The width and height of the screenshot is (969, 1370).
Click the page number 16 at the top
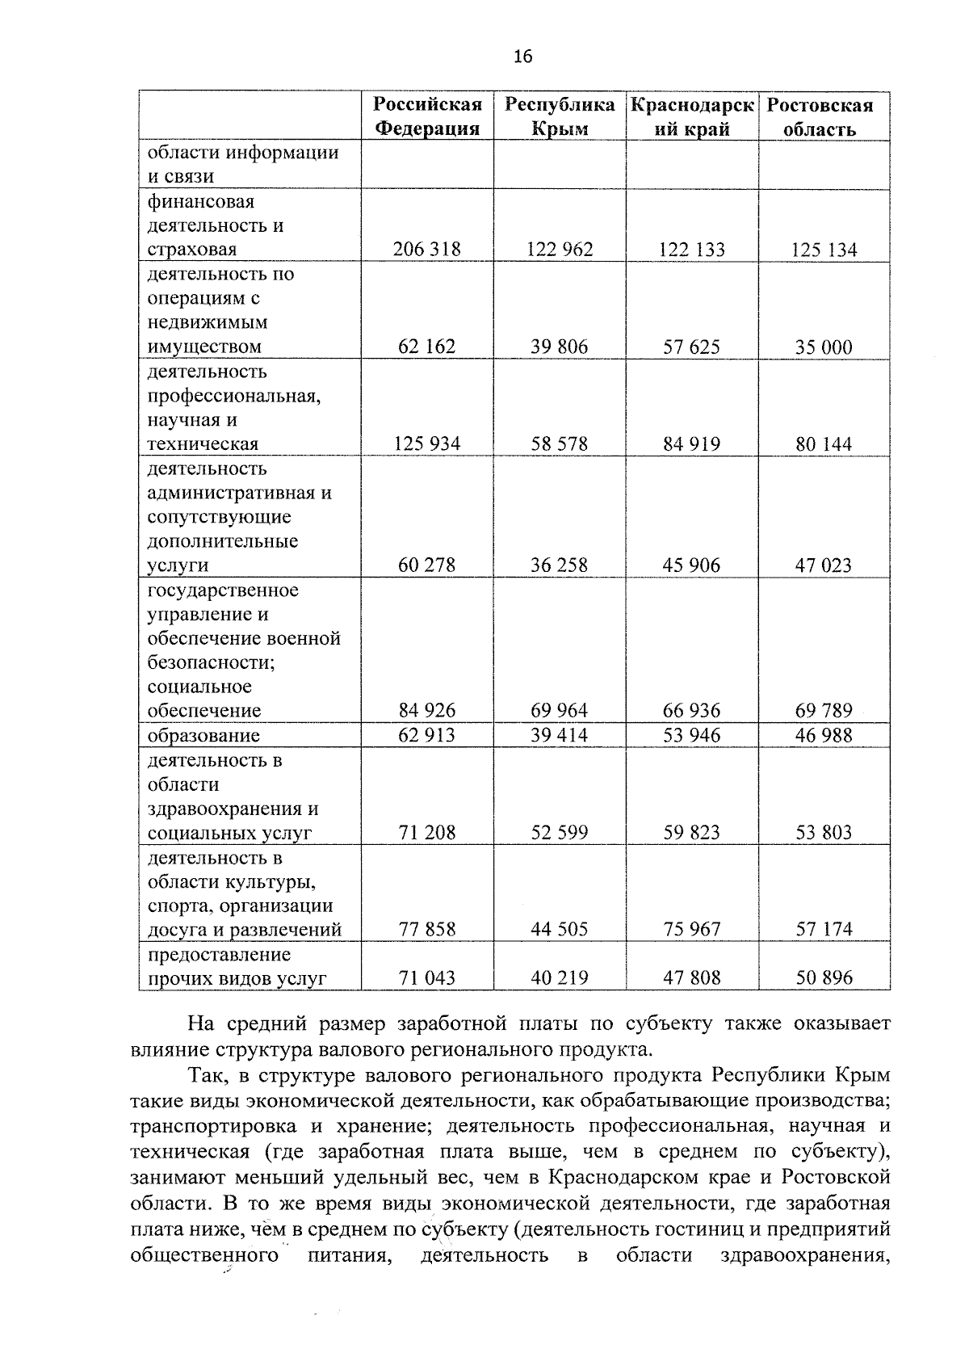tap(522, 56)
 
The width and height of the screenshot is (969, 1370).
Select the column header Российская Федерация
tap(427, 116)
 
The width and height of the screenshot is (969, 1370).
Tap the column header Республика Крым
tap(560, 116)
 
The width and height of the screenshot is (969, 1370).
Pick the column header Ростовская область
tap(820, 116)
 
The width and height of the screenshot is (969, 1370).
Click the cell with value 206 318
tap(426, 250)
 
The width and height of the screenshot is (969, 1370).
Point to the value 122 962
tap(560, 250)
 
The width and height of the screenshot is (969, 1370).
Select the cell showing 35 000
tap(824, 347)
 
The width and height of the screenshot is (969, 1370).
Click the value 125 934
tap(426, 444)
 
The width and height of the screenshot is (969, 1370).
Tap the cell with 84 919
tap(692, 444)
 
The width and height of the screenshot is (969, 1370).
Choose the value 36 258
tap(560, 565)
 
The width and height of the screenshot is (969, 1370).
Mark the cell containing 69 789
tap(824, 711)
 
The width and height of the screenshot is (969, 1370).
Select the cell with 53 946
tap(692, 735)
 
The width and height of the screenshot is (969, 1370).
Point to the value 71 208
tap(426, 833)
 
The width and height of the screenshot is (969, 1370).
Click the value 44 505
tap(560, 930)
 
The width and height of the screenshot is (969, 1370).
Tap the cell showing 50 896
tap(824, 978)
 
